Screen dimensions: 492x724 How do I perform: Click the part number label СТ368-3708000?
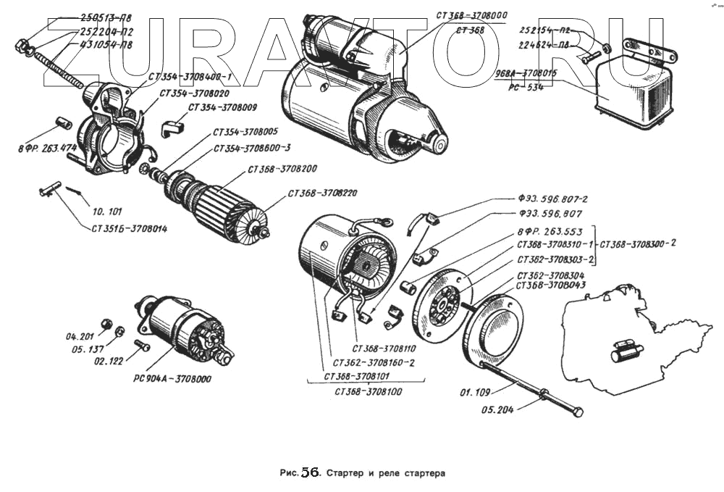click(471, 15)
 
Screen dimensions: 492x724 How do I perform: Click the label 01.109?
click(475, 393)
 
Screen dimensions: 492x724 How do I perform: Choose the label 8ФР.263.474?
click(48, 149)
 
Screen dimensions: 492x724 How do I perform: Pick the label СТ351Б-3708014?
click(130, 229)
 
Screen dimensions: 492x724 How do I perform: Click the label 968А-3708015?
click(526, 73)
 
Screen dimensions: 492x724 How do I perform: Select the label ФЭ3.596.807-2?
click(552, 199)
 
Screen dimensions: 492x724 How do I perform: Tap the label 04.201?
click(80, 336)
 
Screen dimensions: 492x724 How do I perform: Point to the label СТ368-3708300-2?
click(638, 243)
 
